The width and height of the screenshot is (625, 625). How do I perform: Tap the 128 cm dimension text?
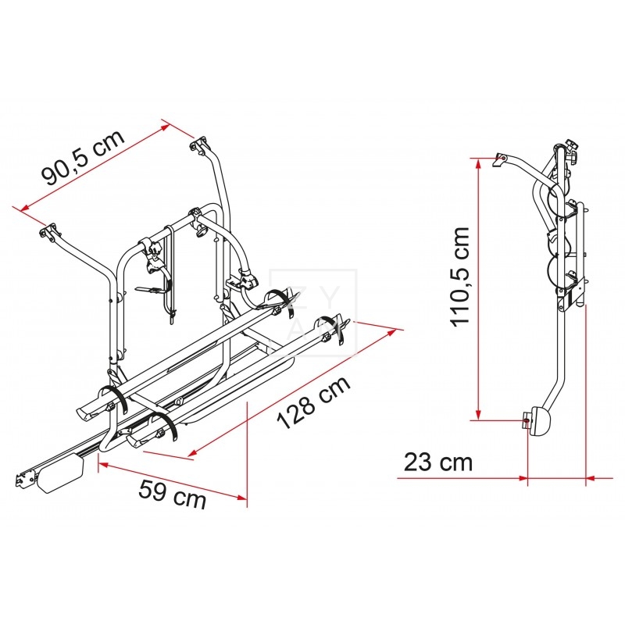[x=314, y=402]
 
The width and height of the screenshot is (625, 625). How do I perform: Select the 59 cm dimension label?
[x=172, y=495]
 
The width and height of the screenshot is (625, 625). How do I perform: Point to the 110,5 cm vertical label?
[x=460, y=277]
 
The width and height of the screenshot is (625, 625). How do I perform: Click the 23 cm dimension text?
[x=438, y=462]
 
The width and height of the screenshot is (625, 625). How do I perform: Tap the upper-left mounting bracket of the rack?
[x=48, y=232]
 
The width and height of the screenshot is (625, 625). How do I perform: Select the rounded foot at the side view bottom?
[x=537, y=421]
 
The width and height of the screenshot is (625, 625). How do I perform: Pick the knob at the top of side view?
[x=572, y=148]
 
